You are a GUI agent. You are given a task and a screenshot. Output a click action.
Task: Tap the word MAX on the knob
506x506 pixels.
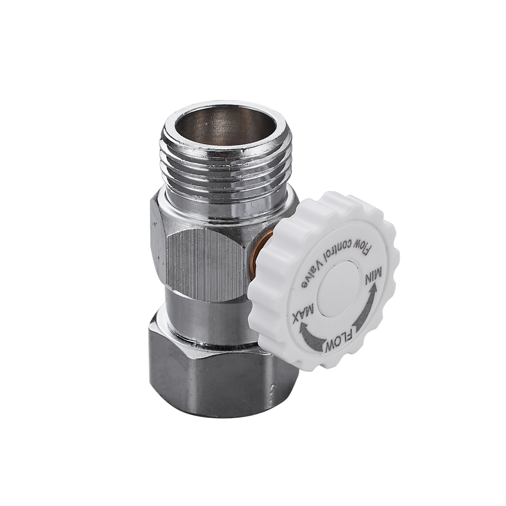pyautogui.click(x=303, y=313)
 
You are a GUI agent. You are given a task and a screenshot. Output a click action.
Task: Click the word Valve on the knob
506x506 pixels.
pyautogui.click(x=312, y=273)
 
